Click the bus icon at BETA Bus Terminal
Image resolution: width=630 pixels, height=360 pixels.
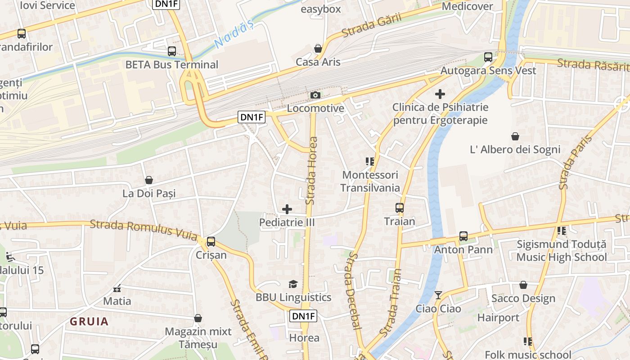tap(172, 51)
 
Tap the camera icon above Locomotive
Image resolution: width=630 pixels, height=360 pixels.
tap(315, 95)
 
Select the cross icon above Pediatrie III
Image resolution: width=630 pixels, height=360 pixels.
tap(287, 209)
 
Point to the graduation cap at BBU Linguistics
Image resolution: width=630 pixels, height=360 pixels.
tap(293, 284)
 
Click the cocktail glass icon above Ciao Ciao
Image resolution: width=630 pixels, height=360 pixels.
tap(438, 295)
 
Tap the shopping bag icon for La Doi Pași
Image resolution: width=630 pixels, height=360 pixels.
tap(149, 180)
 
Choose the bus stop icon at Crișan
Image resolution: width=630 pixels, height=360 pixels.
tap(211, 242)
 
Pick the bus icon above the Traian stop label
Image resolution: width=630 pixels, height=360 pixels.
tap(400, 208)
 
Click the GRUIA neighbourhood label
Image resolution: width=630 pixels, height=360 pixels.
tap(90, 321)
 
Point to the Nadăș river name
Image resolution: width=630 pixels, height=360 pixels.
tap(234, 35)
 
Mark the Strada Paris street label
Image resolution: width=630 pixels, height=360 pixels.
tap(569, 162)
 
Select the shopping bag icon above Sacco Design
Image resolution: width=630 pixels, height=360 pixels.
tap(523, 285)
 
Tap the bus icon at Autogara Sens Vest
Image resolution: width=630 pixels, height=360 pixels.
tap(488, 57)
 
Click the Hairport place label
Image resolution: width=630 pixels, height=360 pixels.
tap(498, 318)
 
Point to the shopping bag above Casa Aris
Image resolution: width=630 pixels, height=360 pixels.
tap(318, 49)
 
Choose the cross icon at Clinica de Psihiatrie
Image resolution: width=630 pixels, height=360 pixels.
tap(440, 94)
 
